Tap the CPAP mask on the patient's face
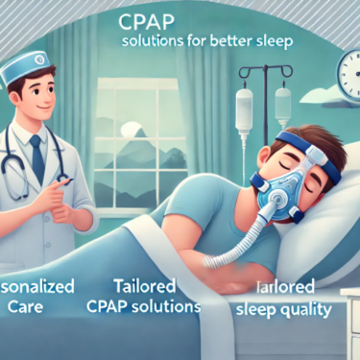(x=224, y=182)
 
